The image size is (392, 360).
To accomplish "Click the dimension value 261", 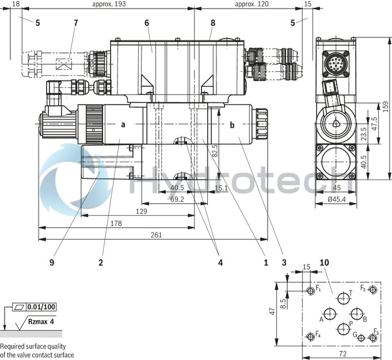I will (156, 235).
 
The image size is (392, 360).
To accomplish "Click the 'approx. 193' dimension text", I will (109, 4).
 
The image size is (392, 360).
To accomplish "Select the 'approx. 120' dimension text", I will (252, 4).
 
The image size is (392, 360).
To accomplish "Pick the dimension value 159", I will (384, 106).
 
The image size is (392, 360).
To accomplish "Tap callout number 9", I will (51, 262).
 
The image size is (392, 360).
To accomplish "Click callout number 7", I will (75, 22).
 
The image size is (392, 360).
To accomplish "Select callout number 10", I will (324, 263).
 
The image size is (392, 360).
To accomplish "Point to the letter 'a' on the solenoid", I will (123, 124).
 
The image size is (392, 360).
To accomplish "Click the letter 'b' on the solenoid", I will (233, 124).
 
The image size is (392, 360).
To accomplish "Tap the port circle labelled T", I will (344, 297).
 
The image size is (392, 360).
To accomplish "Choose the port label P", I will (351, 324).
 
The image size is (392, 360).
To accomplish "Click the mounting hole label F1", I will (318, 289).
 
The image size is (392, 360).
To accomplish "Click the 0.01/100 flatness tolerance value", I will (41, 307).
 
